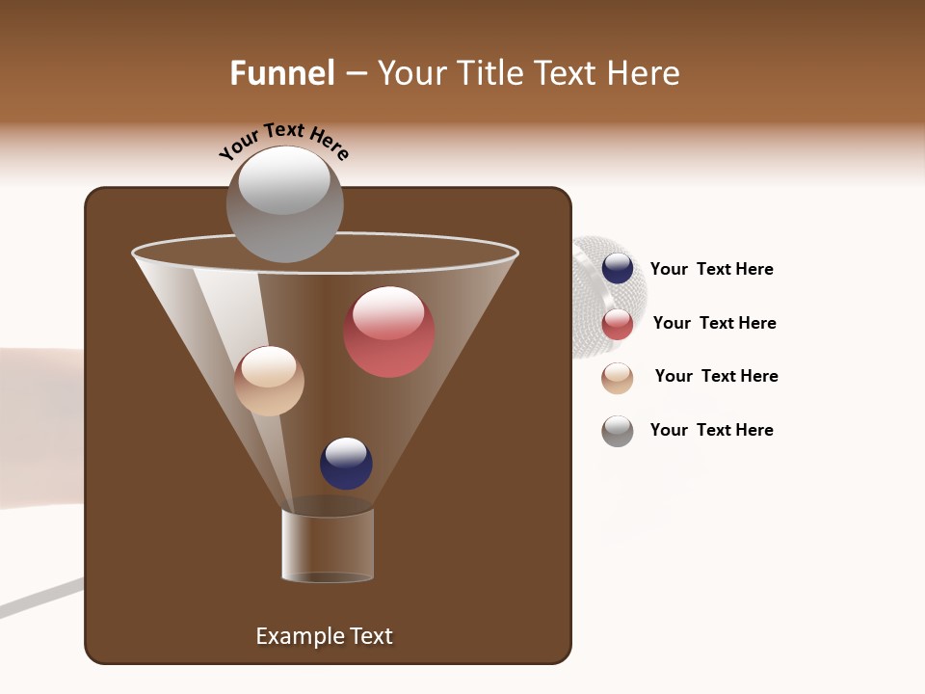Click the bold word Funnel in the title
[x=281, y=73]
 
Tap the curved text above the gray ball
[x=283, y=141]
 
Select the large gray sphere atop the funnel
[x=284, y=204]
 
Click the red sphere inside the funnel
[x=389, y=333]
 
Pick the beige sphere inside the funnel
[x=269, y=381]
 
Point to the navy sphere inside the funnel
[x=346, y=464]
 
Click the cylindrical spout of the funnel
[x=328, y=546]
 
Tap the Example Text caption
[x=324, y=636]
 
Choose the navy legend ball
[x=618, y=269]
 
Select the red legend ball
[x=618, y=325]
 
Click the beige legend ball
[x=618, y=378]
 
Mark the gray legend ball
[x=618, y=431]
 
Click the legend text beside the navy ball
[x=711, y=270]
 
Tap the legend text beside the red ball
[x=714, y=323]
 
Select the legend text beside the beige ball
[x=716, y=376]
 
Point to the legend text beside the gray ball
[x=711, y=430]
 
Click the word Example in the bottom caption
[x=298, y=636]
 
